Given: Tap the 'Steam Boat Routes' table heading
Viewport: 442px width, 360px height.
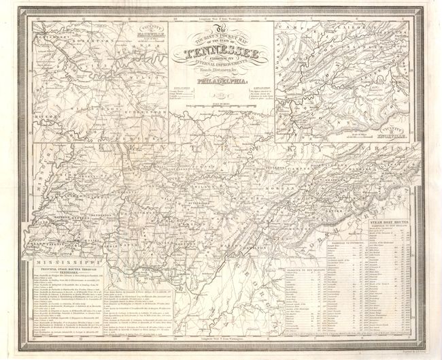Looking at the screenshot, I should (x=395, y=222).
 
